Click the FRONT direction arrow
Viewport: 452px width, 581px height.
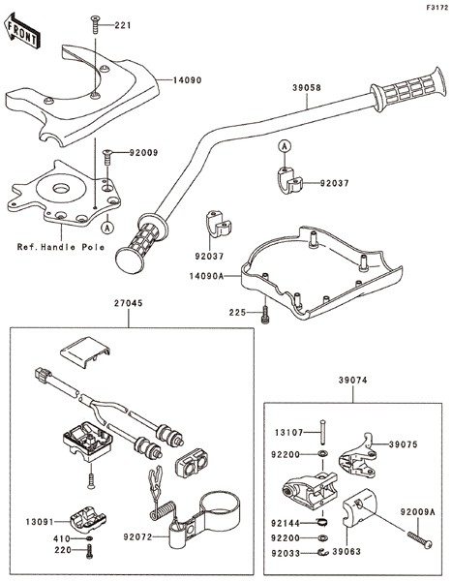click(20, 30)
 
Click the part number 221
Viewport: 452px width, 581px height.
click(123, 25)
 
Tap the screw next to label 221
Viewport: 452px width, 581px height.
click(96, 25)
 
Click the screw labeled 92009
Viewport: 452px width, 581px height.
click(107, 157)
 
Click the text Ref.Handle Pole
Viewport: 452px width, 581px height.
click(61, 247)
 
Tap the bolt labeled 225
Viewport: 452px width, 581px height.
click(264, 315)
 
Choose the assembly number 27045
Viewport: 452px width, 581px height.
click(128, 303)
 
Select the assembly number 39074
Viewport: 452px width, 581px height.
click(352, 381)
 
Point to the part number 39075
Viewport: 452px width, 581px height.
click(403, 444)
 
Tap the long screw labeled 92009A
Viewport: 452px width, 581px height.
click(419, 539)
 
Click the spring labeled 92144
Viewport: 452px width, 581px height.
click(323, 523)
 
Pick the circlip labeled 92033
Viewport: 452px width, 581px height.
click(323, 553)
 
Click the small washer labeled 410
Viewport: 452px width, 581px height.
click(89, 538)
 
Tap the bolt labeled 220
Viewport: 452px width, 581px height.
click(89, 551)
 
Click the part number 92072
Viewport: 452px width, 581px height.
click(137, 536)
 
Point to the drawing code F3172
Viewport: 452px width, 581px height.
click(437, 7)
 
